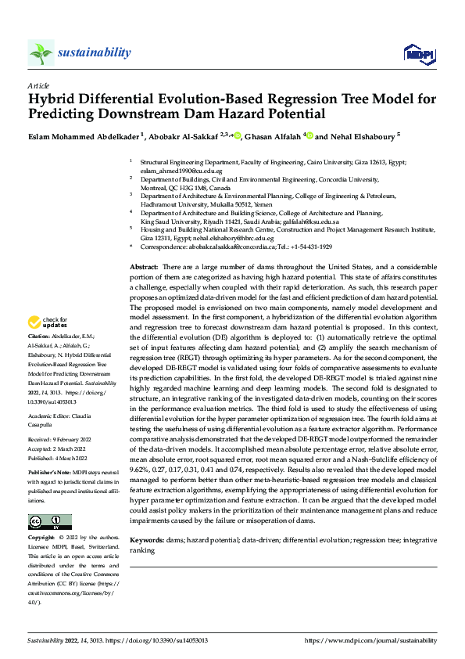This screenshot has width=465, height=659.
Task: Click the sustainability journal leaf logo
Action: pos(41,52)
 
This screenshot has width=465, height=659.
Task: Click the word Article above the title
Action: pos(38,85)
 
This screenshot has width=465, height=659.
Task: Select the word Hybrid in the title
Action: pos(53,99)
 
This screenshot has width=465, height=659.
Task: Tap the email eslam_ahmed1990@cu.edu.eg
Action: pos(175,170)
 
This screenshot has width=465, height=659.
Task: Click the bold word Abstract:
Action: pos(145,268)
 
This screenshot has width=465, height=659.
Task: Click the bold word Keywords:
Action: pos(147,541)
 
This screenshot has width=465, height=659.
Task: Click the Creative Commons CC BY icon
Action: pos(50,522)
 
